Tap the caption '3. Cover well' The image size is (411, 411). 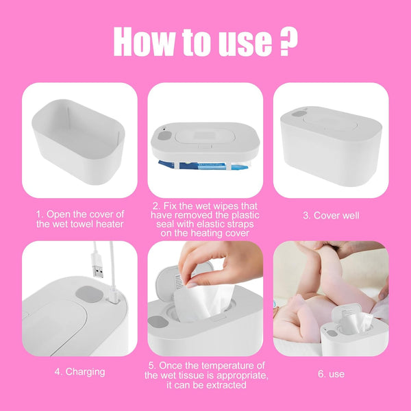(331, 215)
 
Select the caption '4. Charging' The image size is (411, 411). (79, 372)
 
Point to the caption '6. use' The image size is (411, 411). (331, 374)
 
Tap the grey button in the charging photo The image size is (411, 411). (86, 294)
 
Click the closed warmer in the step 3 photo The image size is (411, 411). (331, 147)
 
